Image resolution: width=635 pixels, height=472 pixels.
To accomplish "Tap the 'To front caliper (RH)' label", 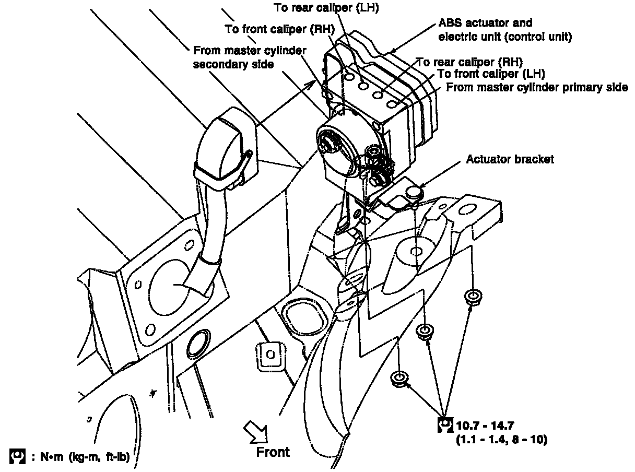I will pos(279,29).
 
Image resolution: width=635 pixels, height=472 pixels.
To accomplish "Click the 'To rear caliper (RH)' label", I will pos(469,62).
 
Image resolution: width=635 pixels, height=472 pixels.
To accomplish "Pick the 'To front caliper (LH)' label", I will pos(490,74).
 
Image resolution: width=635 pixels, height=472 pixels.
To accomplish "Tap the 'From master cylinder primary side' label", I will pos(537,87).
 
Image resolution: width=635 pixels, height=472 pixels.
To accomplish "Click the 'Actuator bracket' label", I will pos(510,159).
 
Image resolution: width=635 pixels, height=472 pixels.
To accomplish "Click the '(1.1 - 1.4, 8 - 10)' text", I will pos(501,440).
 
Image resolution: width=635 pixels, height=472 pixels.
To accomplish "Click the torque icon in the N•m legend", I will pos(17,456).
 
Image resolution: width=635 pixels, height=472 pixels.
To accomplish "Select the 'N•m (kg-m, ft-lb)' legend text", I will pos(84,457).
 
